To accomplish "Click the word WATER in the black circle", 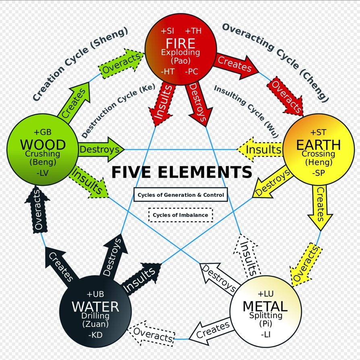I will pyautogui.click(x=95, y=307).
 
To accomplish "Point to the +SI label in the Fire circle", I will pyautogui.click(x=168, y=31).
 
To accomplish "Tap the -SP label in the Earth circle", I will pyautogui.click(x=318, y=173).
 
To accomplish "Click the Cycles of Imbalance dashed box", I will pyautogui.click(x=181, y=215).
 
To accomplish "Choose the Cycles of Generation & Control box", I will pyautogui.click(x=180, y=195).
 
